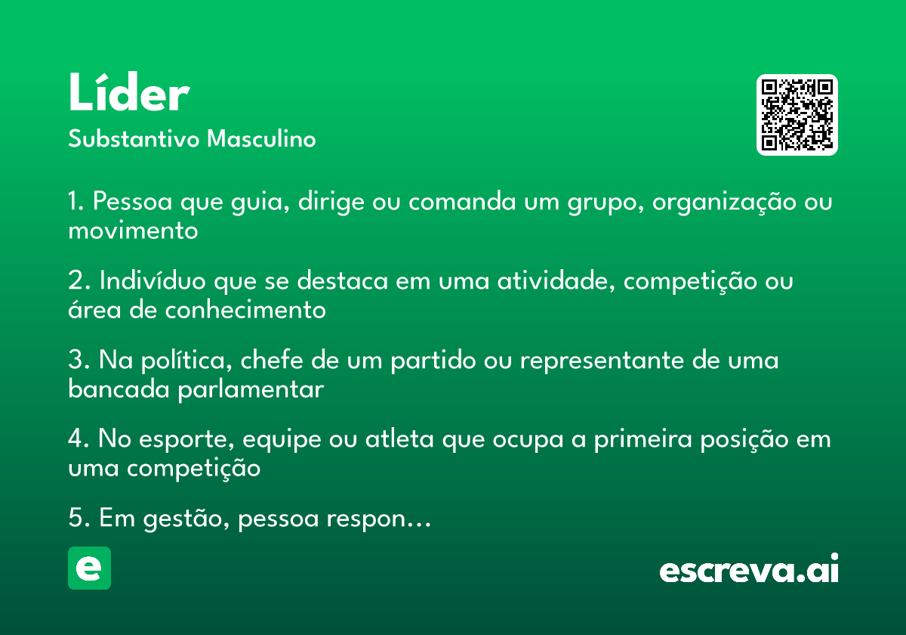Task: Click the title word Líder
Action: tap(129, 91)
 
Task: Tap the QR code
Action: tap(797, 115)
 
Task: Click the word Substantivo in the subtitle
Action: tap(134, 138)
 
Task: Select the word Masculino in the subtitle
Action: tap(261, 138)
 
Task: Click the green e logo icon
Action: tap(89, 568)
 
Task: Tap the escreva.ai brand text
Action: tap(749, 568)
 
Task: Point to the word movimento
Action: tap(133, 231)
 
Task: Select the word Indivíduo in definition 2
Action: tap(153, 280)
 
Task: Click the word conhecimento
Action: tap(245, 310)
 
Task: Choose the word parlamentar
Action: tap(251, 390)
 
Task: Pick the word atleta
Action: tap(399, 438)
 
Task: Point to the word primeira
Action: tap(643, 440)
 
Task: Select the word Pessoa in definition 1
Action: tap(133, 201)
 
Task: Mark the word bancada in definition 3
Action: tap(119, 389)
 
